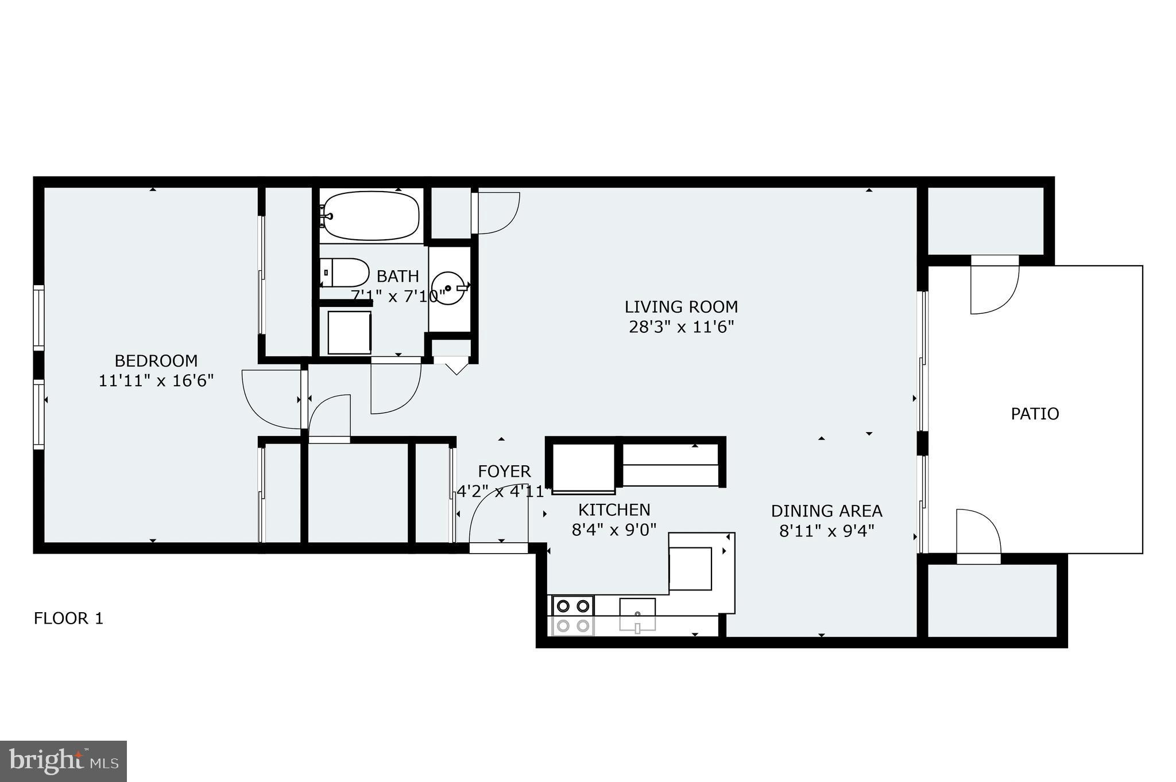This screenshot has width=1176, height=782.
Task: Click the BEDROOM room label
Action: coord(156,361)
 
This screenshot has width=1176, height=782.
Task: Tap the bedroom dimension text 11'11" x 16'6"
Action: coord(156,381)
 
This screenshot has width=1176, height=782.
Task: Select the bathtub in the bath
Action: coord(371,216)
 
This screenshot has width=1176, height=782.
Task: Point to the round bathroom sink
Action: coord(448,288)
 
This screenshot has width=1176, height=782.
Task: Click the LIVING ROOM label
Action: coord(681,307)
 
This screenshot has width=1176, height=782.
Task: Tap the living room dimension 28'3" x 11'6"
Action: coord(681,327)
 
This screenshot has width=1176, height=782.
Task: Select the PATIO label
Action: coord(1035,414)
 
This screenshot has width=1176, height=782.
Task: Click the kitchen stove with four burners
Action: coord(572,616)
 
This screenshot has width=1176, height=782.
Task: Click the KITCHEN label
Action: coord(614,510)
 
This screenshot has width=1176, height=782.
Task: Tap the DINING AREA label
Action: coord(826,511)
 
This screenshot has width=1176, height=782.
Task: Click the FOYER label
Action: coord(504,472)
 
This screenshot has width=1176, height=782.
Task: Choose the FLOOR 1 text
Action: coord(68,618)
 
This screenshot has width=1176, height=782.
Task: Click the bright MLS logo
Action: coord(63,761)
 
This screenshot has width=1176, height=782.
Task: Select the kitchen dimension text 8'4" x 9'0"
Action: coord(614,530)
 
